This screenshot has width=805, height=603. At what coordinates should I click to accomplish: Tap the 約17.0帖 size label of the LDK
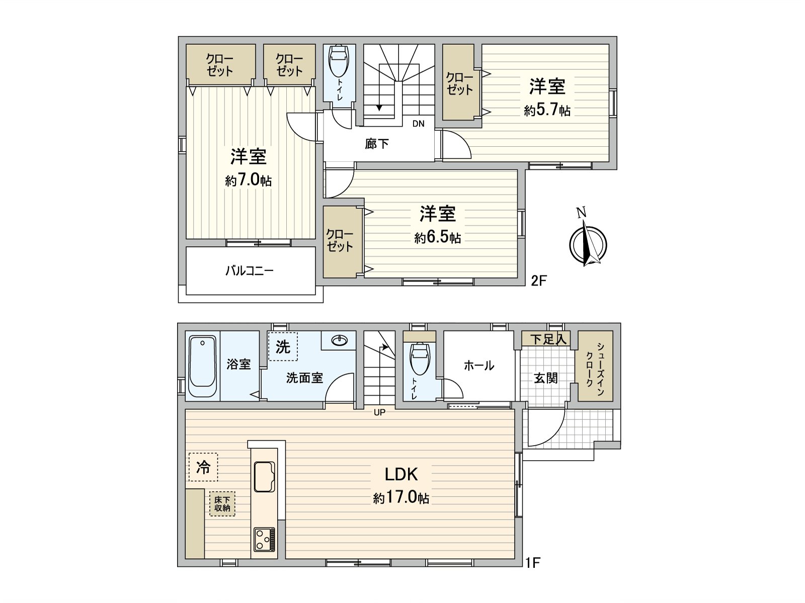401,497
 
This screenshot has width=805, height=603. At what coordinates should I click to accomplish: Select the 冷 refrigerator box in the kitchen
203,467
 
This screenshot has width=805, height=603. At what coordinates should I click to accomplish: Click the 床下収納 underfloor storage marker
222,504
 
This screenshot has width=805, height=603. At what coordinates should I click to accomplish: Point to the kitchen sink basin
264,476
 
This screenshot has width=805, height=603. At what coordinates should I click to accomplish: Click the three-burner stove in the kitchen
264,539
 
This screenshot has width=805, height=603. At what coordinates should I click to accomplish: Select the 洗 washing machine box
283,347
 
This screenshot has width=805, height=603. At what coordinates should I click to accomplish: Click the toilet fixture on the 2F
339,61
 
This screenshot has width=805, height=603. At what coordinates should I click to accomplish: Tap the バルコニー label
250,271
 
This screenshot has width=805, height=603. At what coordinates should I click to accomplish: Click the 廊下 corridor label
377,144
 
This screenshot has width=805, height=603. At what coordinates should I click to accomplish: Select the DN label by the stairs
418,124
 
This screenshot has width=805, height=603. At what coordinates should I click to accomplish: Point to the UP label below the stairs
379,413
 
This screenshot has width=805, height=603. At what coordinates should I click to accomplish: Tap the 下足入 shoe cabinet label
548,339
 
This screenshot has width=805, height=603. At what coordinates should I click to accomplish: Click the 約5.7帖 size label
547,110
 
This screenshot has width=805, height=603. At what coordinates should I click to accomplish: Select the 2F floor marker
538,280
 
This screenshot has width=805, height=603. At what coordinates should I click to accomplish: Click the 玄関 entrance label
545,378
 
